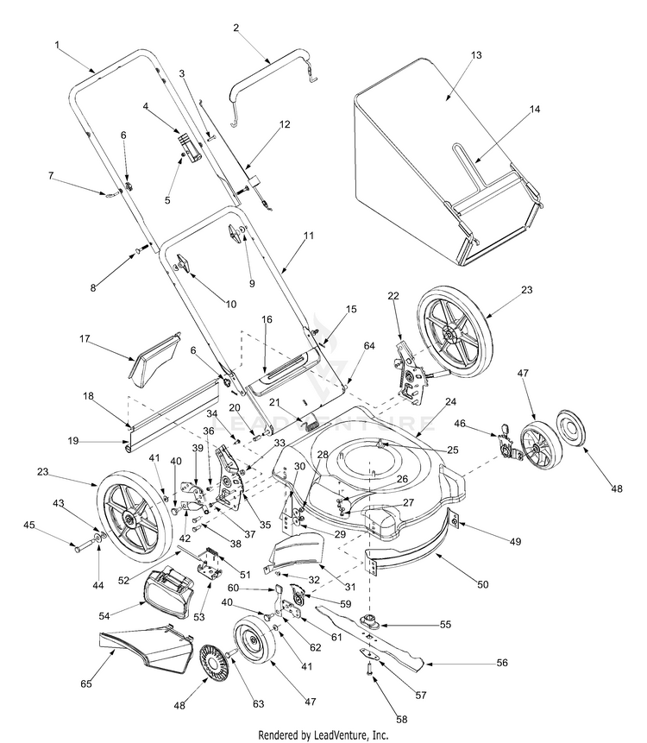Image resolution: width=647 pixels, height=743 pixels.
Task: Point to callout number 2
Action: (x=236, y=28)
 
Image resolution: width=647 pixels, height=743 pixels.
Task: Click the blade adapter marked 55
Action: (x=373, y=620)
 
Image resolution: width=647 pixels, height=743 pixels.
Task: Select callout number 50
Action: (x=482, y=584)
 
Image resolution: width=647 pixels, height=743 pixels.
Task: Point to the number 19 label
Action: (x=74, y=441)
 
